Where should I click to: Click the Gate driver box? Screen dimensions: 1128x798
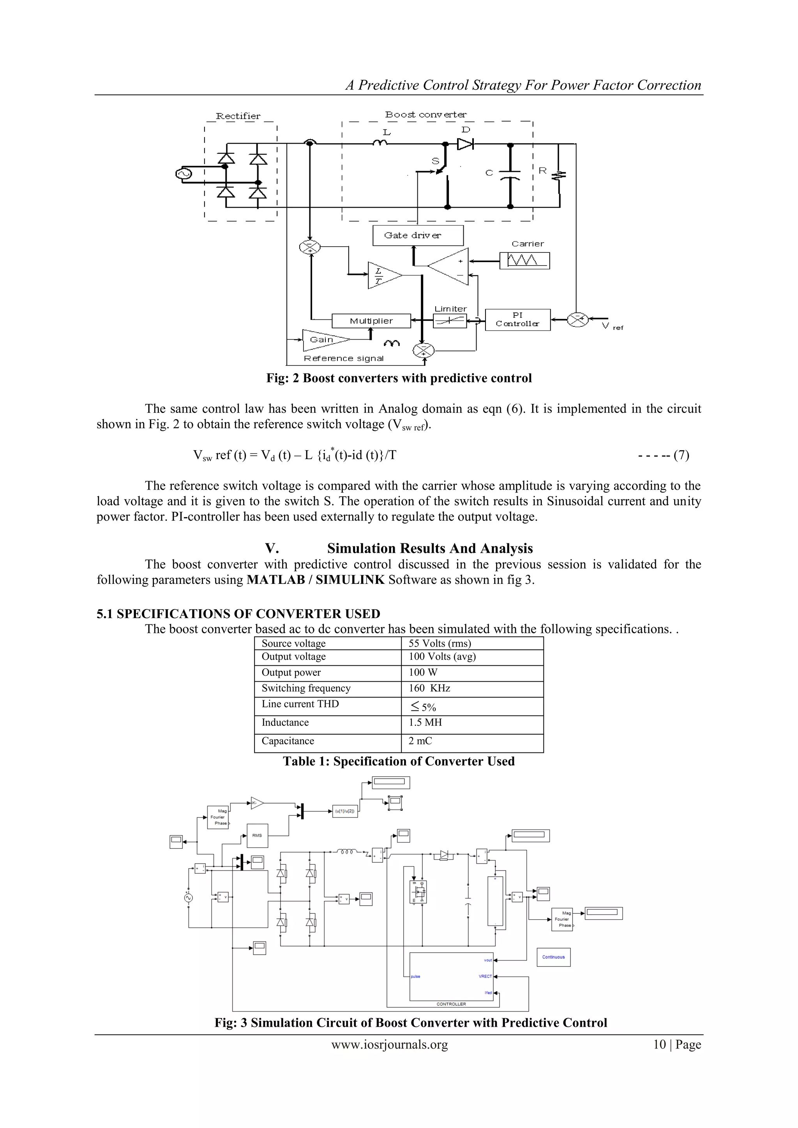tap(418, 235)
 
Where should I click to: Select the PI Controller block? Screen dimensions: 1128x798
tap(517, 319)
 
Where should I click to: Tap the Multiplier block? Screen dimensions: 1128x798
tap(371, 321)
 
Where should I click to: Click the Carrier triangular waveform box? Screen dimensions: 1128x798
tap(524, 261)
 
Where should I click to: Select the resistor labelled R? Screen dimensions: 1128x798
tap(559, 175)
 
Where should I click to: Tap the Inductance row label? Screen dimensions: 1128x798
tap(285, 723)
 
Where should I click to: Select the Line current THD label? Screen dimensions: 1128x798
tap(300, 704)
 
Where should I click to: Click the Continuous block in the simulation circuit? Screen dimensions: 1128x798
tap(553, 957)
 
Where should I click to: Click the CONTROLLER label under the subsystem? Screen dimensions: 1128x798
tap(451, 1004)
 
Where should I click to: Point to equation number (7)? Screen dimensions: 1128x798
tap(681, 455)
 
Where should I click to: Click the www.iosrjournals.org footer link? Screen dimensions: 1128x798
tap(390, 1045)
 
